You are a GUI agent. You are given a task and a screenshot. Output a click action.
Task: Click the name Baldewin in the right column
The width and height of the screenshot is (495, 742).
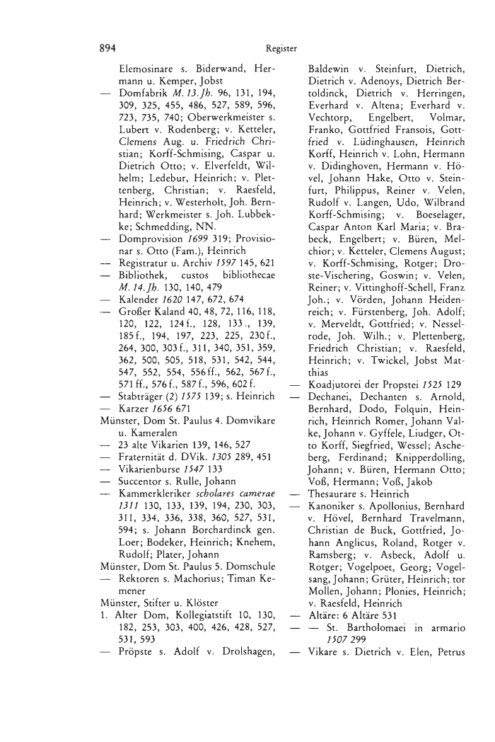point(331,72)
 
